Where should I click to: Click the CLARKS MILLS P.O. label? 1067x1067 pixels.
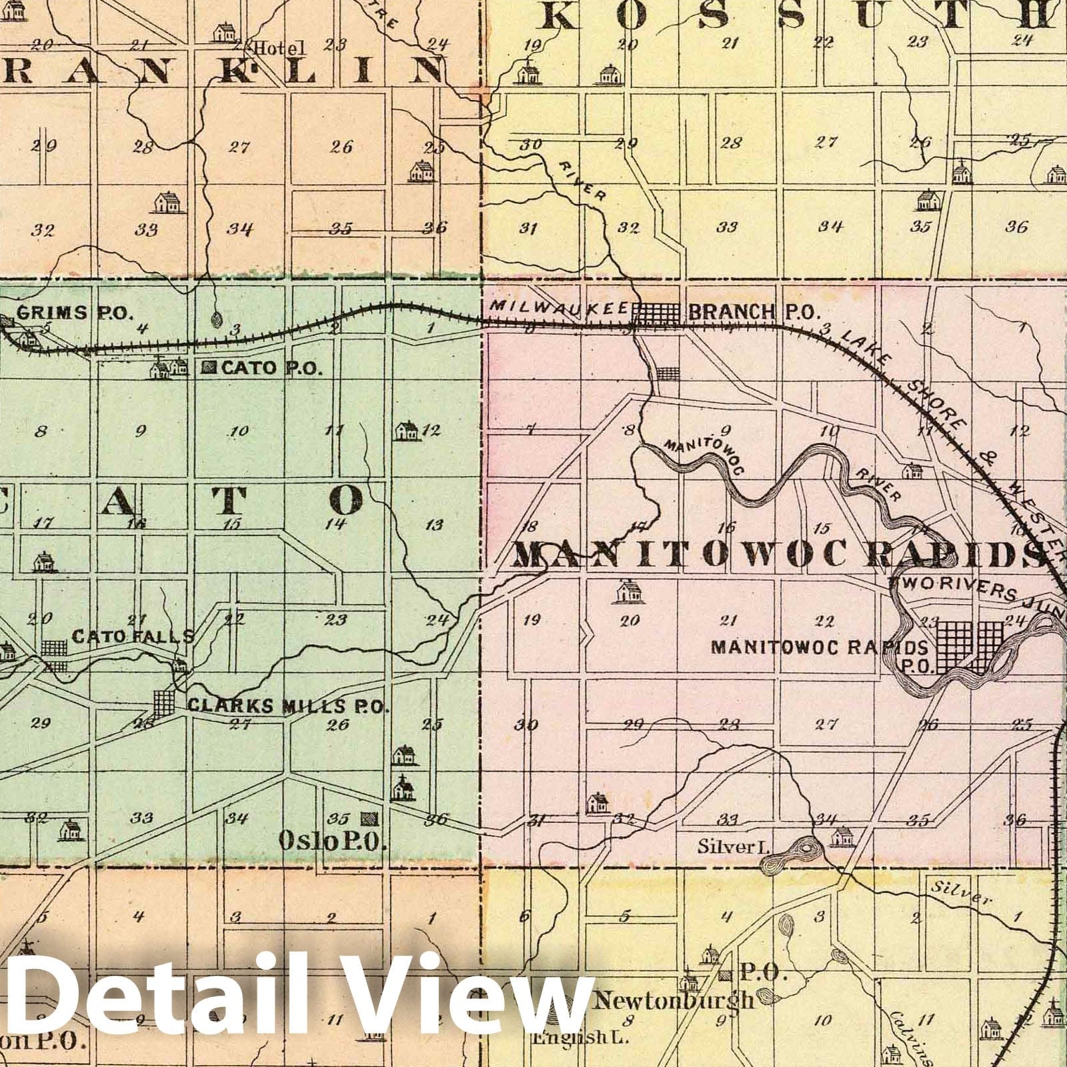pos(288,706)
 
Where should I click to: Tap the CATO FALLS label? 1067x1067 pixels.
pos(133,636)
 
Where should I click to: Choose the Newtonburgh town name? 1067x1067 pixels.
pos(674,999)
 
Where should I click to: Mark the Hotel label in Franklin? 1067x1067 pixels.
pos(279,48)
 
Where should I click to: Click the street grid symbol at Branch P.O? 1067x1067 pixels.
pos(656,312)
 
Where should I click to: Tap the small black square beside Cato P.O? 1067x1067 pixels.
pos(210,367)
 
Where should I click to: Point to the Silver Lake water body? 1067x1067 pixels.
pos(790,855)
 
